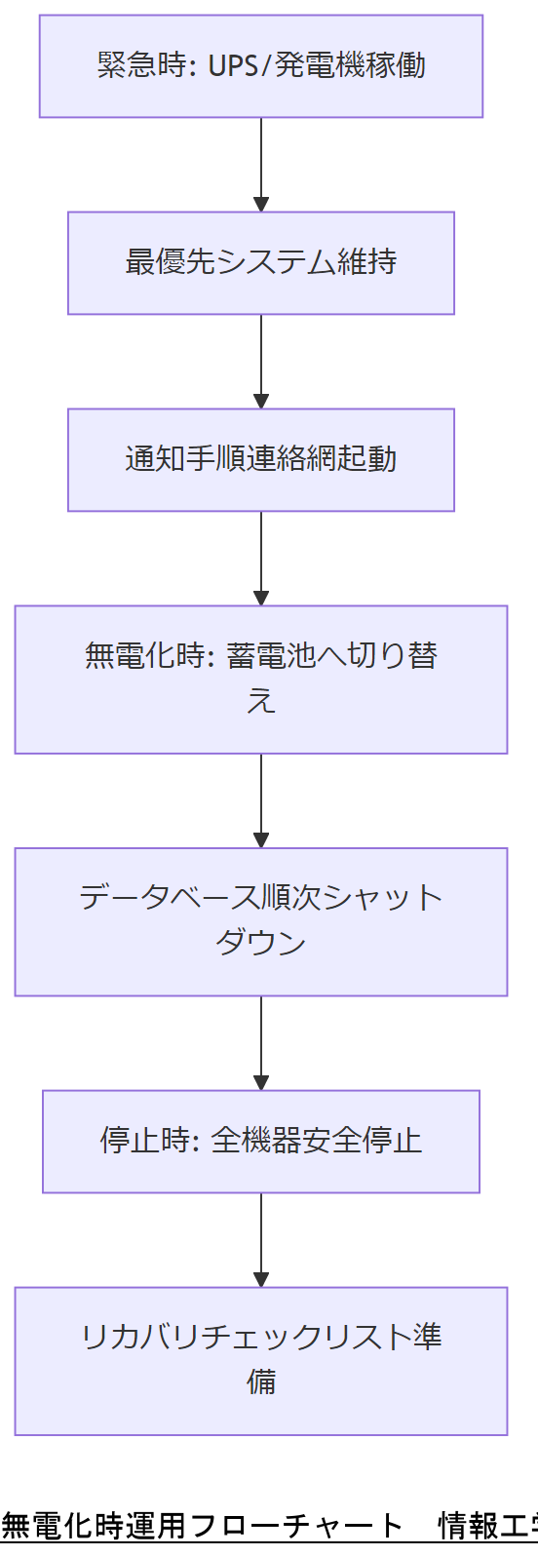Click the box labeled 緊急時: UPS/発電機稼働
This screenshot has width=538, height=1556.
261,66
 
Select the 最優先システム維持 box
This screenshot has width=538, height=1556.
261,263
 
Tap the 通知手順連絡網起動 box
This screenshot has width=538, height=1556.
261,460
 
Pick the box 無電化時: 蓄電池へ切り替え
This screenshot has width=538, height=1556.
261,680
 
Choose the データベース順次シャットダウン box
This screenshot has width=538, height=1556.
261,921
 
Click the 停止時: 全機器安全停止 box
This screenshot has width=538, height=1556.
261,1142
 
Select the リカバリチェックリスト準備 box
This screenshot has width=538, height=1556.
261,1361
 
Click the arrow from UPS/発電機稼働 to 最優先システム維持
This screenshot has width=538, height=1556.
261,165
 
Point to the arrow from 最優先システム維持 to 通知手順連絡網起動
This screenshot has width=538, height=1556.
261,362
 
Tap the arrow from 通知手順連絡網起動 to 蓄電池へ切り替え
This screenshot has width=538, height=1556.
261,559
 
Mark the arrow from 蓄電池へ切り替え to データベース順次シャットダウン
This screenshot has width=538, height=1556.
261,800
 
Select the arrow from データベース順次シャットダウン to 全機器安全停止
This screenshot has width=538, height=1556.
261,1042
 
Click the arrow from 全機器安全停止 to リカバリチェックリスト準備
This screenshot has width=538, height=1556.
261,1239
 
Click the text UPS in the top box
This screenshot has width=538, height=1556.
230,66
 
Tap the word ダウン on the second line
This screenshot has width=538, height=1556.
261,944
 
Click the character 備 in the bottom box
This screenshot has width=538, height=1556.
261,1382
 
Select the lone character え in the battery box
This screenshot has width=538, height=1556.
261,702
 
